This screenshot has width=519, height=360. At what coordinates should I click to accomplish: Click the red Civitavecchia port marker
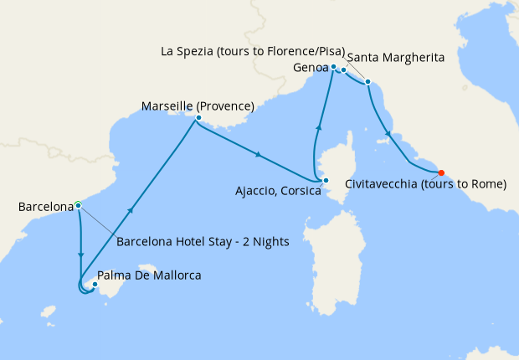pyautogui.click(x=441, y=173)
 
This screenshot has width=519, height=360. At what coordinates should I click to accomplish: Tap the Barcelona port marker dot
pyautogui.click(x=78, y=204)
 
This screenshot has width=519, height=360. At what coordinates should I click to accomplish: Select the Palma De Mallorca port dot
pyautogui.click(x=95, y=285)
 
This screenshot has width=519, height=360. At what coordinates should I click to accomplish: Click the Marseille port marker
pyautogui.click(x=198, y=118)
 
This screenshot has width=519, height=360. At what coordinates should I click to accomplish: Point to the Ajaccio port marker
pyautogui.click(x=326, y=180)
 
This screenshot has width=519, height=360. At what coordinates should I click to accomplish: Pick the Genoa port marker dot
pyautogui.click(x=333, y=66)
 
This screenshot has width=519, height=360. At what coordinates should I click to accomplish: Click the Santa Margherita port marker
pyautogui.click(x=344, y=70)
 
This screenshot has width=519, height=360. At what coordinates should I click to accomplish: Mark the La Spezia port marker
pyautogui.click(x=367, y=82)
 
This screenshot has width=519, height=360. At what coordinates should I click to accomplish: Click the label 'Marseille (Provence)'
pyautogui.click(x=198, y=106)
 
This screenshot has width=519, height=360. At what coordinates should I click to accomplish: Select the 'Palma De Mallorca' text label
pyautogui.click(x=149, y=275)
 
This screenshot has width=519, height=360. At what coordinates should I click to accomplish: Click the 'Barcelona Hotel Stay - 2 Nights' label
pyautogui.click(x=203, y=242)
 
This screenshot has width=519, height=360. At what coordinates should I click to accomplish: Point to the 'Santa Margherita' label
pyautogui.click(x=394, y=57)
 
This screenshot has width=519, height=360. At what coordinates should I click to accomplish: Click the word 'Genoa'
pyautogui.click(x=311, y=66)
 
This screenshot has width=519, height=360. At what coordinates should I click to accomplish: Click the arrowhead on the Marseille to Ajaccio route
pyautogui.click(x=259, y=154)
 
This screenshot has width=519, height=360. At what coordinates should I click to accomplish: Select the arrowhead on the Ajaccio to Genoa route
pyautogui.click(x=318, y=126)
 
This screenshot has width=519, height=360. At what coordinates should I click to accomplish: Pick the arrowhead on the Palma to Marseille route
pyautogui.click(x=130, y=210)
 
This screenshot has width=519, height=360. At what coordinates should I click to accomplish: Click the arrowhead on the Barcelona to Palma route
pyautogui.click(x=80, y=254)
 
